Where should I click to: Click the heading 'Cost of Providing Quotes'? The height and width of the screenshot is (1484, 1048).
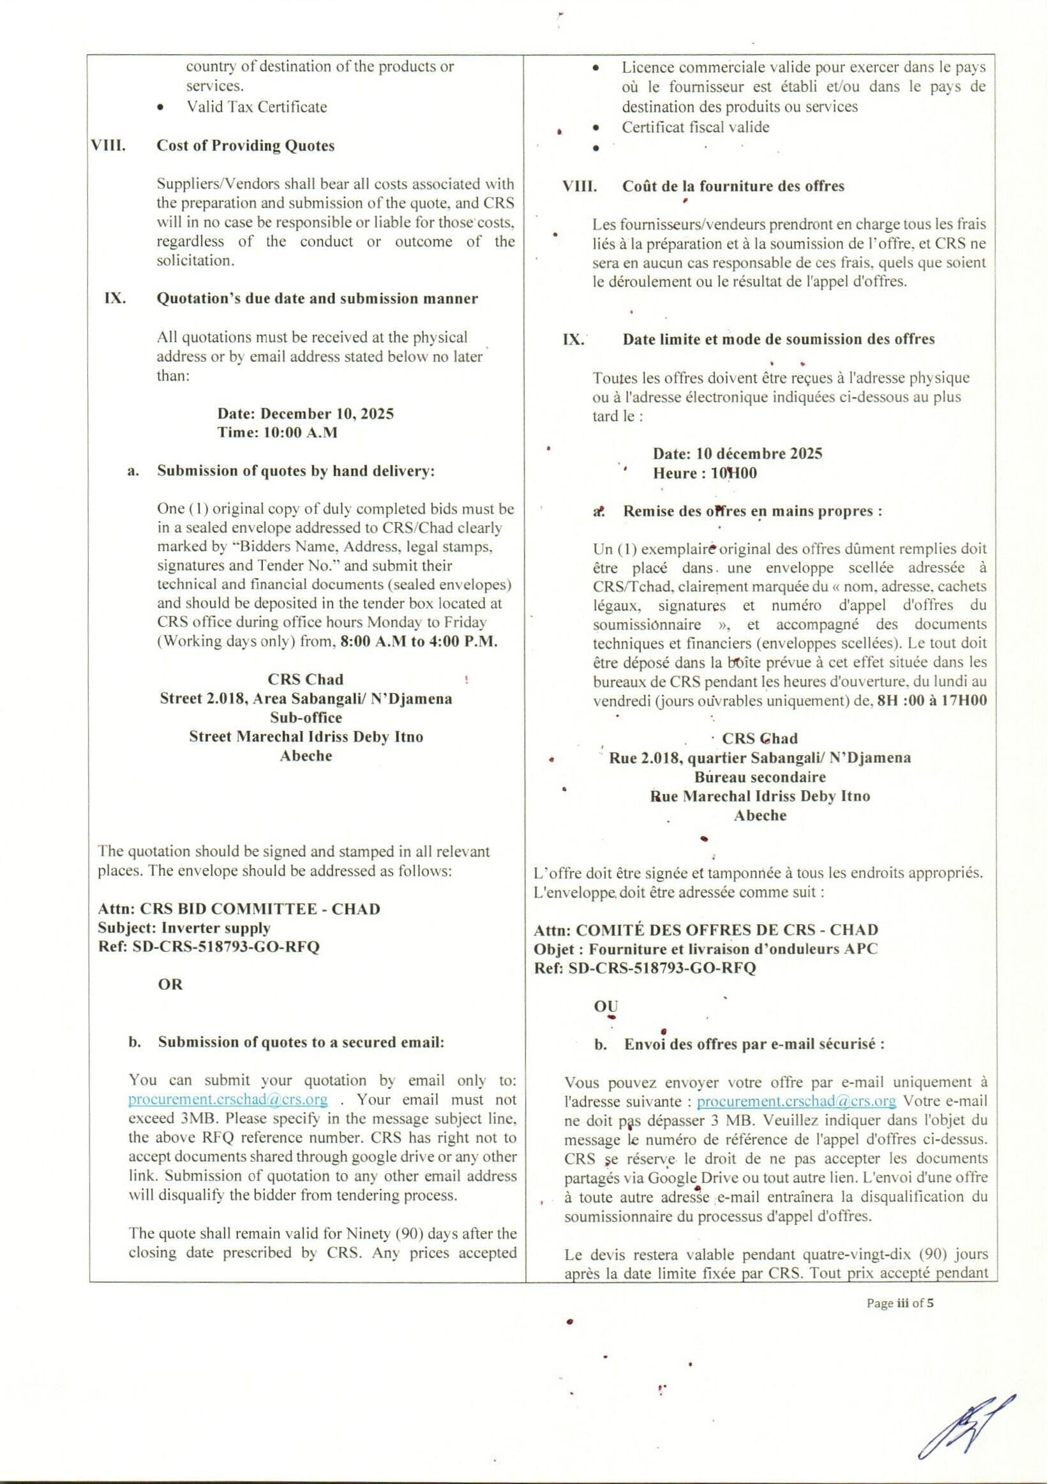coord(246,146)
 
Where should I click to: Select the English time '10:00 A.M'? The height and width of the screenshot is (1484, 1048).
coord(301,432)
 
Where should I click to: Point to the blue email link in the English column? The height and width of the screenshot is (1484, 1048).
coord(227,1099)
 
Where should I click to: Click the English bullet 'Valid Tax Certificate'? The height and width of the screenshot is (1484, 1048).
coord(257,107)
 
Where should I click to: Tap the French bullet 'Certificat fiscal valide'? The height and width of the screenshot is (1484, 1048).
coord(695,127)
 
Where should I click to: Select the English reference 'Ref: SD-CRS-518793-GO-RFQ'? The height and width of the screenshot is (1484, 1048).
coord(208,947)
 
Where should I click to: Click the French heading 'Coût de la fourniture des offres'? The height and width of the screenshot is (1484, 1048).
coord(733,186)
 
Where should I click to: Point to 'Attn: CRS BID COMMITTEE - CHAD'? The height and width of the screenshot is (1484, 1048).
coord(239,909)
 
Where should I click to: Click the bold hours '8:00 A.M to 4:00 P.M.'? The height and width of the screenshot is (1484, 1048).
coord(419,642)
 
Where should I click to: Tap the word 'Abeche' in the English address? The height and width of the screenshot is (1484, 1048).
coord(306,756)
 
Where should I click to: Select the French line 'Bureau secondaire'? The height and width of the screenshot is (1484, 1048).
coord(760,776)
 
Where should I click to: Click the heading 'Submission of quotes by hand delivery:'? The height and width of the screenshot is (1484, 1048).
coord(296,471)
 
